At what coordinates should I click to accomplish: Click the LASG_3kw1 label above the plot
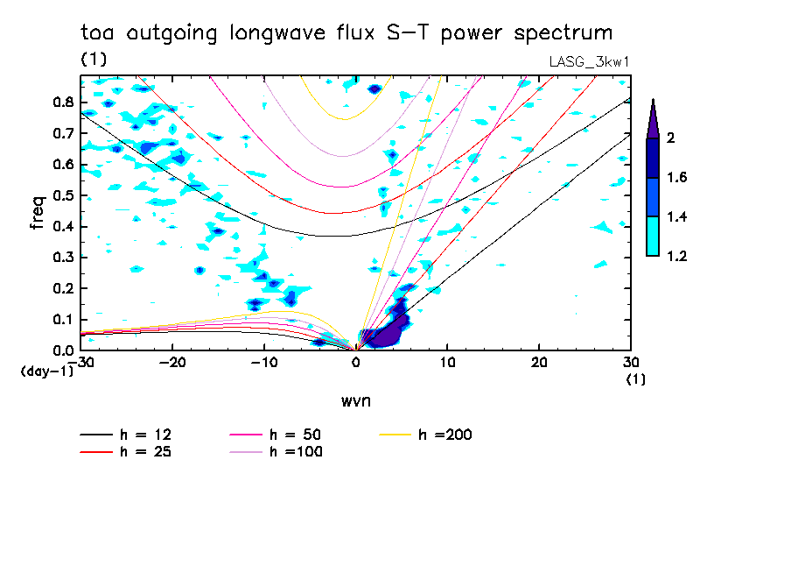588,60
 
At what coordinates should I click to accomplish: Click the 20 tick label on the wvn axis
538,362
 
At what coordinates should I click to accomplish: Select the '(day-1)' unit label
45,371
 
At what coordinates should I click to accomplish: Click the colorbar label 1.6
675,177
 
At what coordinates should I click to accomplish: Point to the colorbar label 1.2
675,256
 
